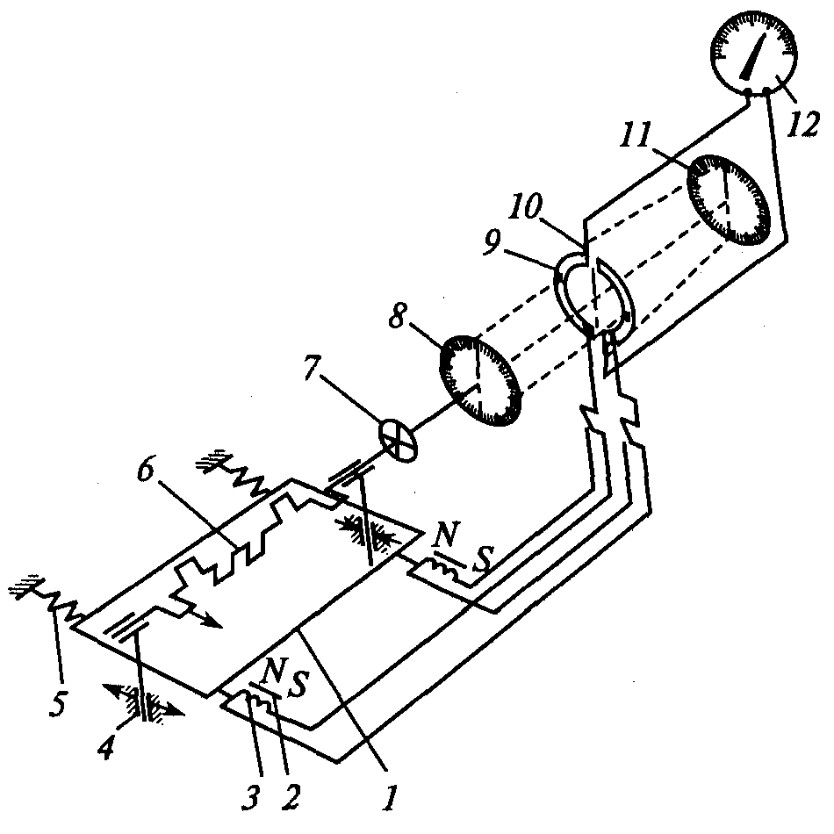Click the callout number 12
click(x=803, y=125)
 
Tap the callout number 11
click(x=635, y=135)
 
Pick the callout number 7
click(x=316, y=365)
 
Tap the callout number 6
click(x=147, y=469)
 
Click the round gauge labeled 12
click(x=754, y=54)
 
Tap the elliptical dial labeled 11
click(x=729, y=199)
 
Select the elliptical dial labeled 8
click(x=480, y=381)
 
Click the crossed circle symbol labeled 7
click(x=399, y=441)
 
